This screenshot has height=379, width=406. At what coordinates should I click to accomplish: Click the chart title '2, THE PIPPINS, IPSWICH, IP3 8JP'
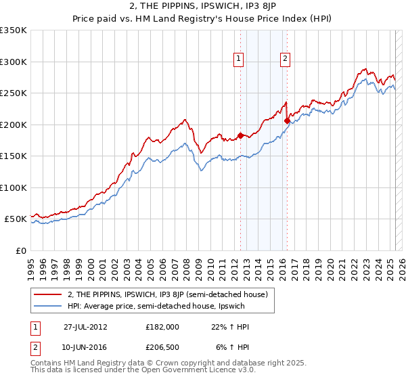(203, 7)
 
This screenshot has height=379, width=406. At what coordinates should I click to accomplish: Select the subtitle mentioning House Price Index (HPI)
(203, 20)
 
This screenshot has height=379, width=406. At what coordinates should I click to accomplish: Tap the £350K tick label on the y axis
(13, 30)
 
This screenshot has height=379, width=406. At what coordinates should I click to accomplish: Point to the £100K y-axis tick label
(13, 187)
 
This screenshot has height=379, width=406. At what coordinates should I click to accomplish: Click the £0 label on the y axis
(20, 250)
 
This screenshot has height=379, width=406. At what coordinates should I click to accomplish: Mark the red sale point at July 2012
(240, 136)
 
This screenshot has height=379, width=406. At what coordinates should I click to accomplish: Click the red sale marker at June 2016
(287, 121)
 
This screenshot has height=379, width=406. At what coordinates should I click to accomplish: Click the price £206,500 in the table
(162, 348)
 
